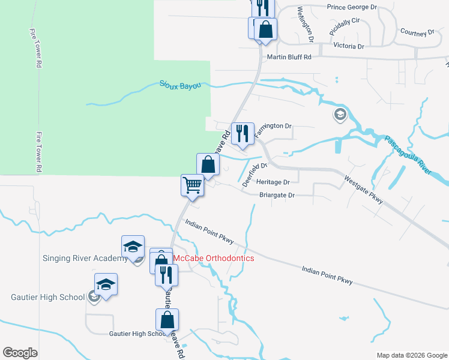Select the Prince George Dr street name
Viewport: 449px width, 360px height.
point(352,7)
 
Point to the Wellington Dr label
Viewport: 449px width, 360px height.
point(304,24)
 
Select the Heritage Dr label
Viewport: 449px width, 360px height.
point(273,182)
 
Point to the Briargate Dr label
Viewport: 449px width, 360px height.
point(277,195)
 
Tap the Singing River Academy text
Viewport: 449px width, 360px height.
point(85,259)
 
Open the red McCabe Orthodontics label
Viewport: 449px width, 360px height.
point(214,258)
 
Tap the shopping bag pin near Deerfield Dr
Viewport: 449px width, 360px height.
point(207,164)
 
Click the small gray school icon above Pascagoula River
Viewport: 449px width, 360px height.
point(340,114)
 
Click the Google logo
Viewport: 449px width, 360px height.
point(20,353)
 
